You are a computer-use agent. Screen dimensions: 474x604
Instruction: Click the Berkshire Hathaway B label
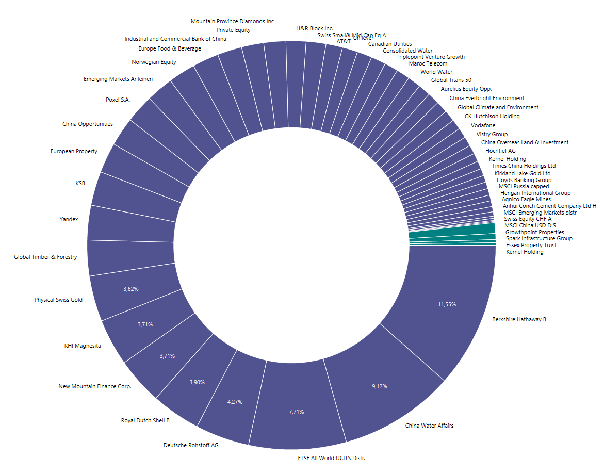(x=518, y=319)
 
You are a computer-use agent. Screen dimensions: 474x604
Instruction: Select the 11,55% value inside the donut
(x=447, y=304)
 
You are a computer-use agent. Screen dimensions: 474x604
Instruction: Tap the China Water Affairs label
(x=429, y=426)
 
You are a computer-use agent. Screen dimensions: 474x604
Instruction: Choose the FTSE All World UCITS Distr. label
(x=331, y=458)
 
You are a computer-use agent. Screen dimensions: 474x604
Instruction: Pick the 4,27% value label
(x=235, y=402)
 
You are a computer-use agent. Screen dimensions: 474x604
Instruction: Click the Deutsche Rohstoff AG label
(x=191, y=445)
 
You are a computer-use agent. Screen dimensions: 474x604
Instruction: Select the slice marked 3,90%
(x=197, y=382)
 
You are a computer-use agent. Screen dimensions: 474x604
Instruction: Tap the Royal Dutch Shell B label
(x=145, y=420)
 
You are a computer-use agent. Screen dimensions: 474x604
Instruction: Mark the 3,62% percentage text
(x=131, y=289)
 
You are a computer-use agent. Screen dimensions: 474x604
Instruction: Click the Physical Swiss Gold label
(x=58, y=300)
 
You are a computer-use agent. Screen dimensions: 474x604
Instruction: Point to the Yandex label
(x=69, y=219)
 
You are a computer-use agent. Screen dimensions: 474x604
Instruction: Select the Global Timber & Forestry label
(x=45, y=257)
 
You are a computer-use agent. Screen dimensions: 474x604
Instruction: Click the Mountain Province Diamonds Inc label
(x=232, y=21)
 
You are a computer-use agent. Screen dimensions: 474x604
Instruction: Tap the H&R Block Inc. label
(x=315, y=28)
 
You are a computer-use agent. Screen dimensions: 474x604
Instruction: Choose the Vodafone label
(x=483, y=125)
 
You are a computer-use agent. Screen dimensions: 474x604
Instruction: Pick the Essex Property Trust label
(x=531, y=245)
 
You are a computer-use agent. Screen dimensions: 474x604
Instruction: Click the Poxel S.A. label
(x=118, y=100)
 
